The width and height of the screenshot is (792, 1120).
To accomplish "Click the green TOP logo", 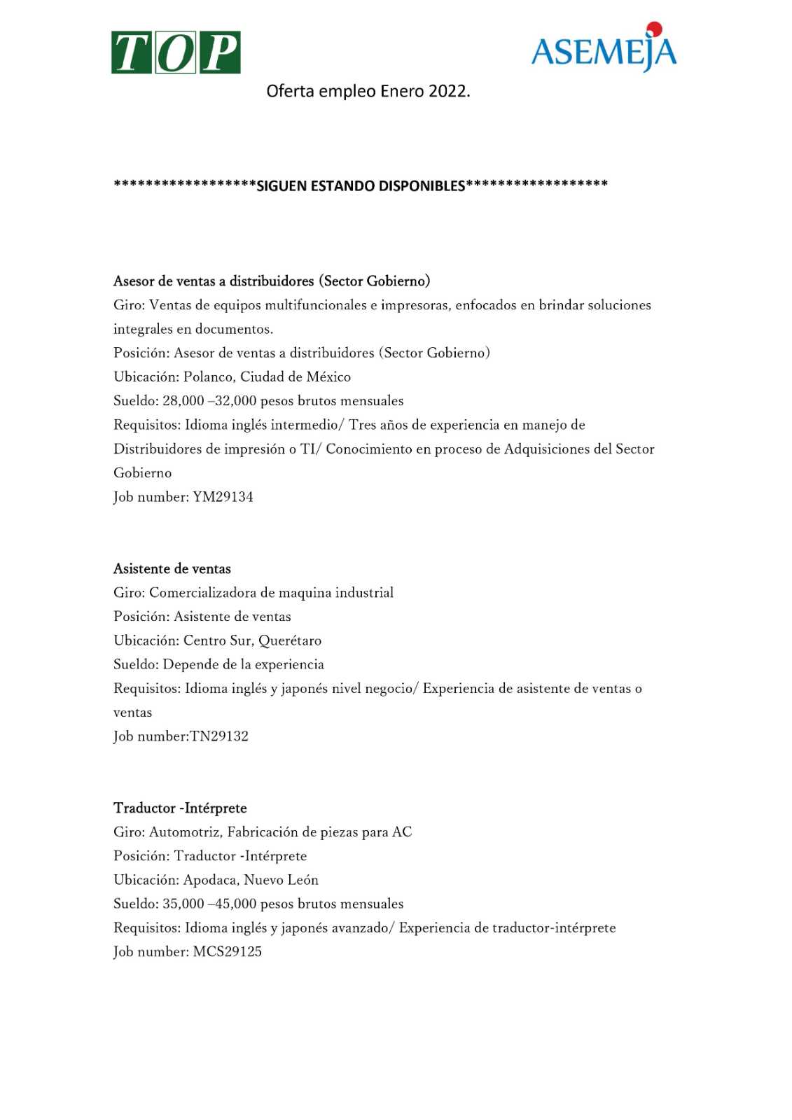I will (176, 52).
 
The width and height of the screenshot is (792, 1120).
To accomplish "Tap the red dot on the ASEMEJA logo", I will (654, 29).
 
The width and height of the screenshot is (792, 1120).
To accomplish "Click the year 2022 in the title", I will (449, 92).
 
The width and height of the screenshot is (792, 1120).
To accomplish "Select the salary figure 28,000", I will (183, 401).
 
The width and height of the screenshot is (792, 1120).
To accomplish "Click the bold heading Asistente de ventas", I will (172, 569).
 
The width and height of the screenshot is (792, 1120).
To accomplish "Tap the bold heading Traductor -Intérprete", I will (180, 808).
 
